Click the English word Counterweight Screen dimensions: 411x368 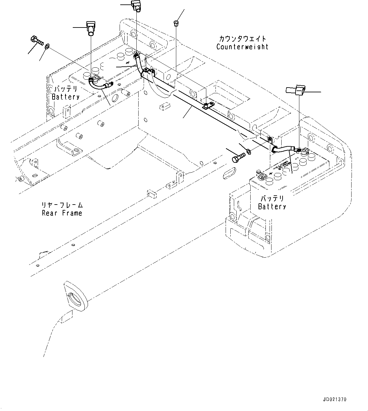[x=242, y=47]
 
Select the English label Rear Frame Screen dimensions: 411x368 [x=62, y=213]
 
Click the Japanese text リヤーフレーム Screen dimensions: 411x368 [x=62, y=205]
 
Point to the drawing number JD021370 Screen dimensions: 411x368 [x=335, y=399]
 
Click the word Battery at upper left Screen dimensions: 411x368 [x=65, y=97]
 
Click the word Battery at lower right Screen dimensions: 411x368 [x=272, y=206]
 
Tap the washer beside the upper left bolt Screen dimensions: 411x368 [x=47, y=46]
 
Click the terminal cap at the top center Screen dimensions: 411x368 [x=136, y=5]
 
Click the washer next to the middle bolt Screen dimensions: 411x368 [x=249, y=152]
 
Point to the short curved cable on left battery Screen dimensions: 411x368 [x=100, y=85]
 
